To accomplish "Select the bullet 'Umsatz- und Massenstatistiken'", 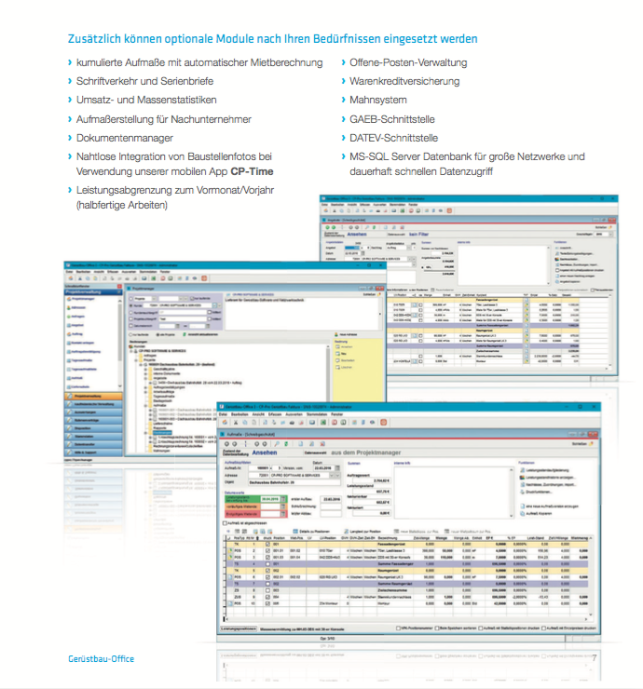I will click(147, 100).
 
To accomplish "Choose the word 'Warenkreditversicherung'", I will click(404, 81).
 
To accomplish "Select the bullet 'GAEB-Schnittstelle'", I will click(392, 119).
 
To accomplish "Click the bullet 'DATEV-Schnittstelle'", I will click(395, 138).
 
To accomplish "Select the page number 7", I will click(593, 658).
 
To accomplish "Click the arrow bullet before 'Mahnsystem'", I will click(342, 101).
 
